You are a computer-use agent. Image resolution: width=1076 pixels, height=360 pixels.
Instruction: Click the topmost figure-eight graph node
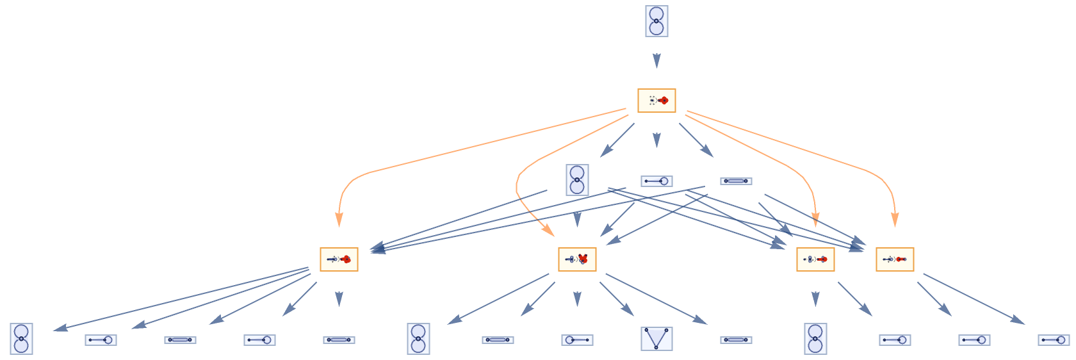656,21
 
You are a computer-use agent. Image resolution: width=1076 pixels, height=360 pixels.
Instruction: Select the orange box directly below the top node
656,101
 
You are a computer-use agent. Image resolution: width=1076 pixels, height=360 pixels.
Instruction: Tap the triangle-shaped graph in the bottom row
656,338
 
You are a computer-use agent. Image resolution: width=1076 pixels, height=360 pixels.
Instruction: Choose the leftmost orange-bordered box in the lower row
339,259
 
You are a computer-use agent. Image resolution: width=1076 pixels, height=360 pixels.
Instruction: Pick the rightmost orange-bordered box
895,259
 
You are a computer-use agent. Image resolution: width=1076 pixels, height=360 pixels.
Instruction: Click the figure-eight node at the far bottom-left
21,339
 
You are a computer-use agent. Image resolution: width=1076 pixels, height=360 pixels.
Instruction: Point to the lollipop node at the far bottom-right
1054,340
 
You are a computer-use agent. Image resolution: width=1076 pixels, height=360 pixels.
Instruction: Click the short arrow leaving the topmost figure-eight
656,61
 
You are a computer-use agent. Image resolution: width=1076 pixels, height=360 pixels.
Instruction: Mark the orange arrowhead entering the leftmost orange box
339,220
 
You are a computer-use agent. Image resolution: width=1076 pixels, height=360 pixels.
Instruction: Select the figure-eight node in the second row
577,180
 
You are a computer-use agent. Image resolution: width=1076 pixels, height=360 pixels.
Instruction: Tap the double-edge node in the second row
736,181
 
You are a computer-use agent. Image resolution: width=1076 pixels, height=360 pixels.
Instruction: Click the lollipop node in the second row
656,181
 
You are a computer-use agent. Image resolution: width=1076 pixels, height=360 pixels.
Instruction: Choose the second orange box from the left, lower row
577,259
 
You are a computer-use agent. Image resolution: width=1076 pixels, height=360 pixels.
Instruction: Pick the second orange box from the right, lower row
815,259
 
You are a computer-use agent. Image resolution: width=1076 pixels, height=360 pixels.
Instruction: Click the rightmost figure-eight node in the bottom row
815,339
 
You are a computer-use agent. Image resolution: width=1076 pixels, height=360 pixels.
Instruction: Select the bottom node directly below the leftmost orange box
339,340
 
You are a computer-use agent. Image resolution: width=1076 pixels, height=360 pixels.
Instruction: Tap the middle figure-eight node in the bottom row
418,339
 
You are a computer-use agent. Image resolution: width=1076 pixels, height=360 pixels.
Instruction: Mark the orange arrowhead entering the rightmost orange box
895,220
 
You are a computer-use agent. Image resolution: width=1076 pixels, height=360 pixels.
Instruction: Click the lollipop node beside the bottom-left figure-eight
101,340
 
